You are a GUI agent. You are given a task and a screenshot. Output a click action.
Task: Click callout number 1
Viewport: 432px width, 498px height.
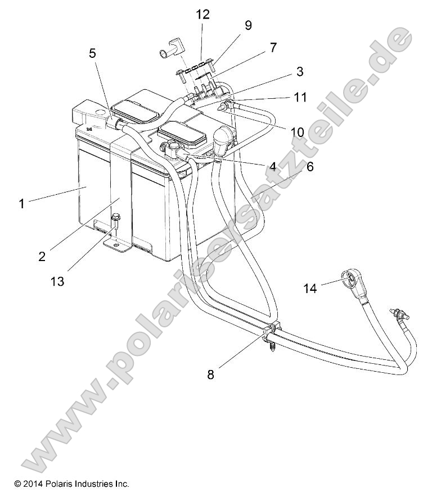[x=22, y=204]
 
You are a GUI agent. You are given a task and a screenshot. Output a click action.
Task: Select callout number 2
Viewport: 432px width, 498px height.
[x=42, y=256]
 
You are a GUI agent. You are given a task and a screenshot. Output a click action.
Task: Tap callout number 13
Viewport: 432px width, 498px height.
[x=57, y=281]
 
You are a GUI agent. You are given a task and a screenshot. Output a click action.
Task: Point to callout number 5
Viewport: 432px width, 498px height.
[x=92, y=53]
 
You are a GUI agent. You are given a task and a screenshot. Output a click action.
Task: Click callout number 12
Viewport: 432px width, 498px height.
[x=202, y=15]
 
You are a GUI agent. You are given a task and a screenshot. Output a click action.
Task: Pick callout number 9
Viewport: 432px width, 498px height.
[x=248, y=25]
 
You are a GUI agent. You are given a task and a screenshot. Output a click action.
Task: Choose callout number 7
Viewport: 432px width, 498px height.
[x=273, y=48]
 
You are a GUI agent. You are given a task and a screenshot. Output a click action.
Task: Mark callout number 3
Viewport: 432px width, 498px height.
[x=299, y=71]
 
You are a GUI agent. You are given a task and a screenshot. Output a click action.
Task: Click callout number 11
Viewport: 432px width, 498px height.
[x=300, y=98]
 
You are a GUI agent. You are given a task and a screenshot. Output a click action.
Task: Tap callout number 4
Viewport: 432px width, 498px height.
[x=272, y=166]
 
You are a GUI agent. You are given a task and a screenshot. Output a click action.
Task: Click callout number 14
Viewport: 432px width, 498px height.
[x=310, y=288]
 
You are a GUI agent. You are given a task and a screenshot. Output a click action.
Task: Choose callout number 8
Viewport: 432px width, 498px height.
[x=210, y=374]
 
